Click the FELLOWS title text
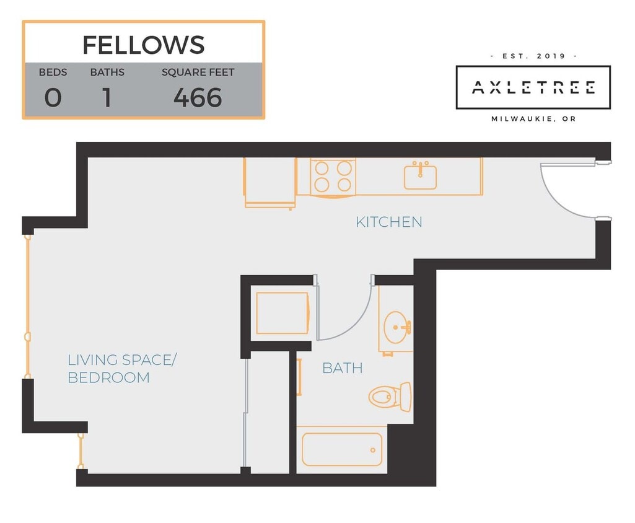click(x=143, y=45)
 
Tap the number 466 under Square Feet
click(x=198, y=98)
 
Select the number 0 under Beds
click(x=53, y=98)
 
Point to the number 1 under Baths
click(x=107, y=98)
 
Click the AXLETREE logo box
click(x=533, y=87)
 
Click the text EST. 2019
click(x=533, y=56)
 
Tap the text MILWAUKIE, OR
click(x=533, y=119)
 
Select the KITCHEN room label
click(x=388, y=222)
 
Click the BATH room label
click(x=342, y=368)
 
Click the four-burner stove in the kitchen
click(x=333, y=176)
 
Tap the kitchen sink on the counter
click(x=420, y=176)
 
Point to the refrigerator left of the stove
click(x=269, y=182)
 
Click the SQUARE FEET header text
click(x=198, y=73)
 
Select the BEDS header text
click(x=53, y=73)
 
